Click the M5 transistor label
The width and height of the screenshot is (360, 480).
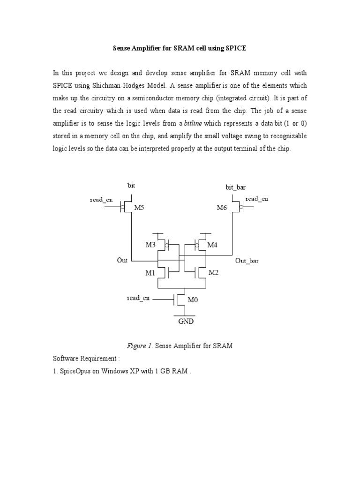pyautogui.click(x=140, y=207)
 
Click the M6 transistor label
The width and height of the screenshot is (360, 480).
pyautogui.click(x=222, y=207)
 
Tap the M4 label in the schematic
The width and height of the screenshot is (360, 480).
pyautogui.click(x=212, y=245)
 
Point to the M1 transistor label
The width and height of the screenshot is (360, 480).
pyautogui.click(x=150, y=273)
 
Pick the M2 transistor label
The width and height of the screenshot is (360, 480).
pyautogui.click(x=214, y=273)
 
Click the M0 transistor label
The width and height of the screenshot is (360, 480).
pyautogui.click(x=193, y=299)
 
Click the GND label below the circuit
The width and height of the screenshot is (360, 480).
pyautogui.click(x=185, y=322)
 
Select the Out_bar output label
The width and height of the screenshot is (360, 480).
pyautogui.click(x=247, y=261)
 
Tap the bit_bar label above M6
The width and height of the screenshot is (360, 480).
pyautogui.click(x=235, y=187)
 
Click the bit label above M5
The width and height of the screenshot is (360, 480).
pyautogui.click(x=131, y=186)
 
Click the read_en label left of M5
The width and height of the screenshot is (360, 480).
pyautogui.click(x=101, y=200)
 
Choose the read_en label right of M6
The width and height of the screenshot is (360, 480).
pyautogui.click(x=257, y=199)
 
